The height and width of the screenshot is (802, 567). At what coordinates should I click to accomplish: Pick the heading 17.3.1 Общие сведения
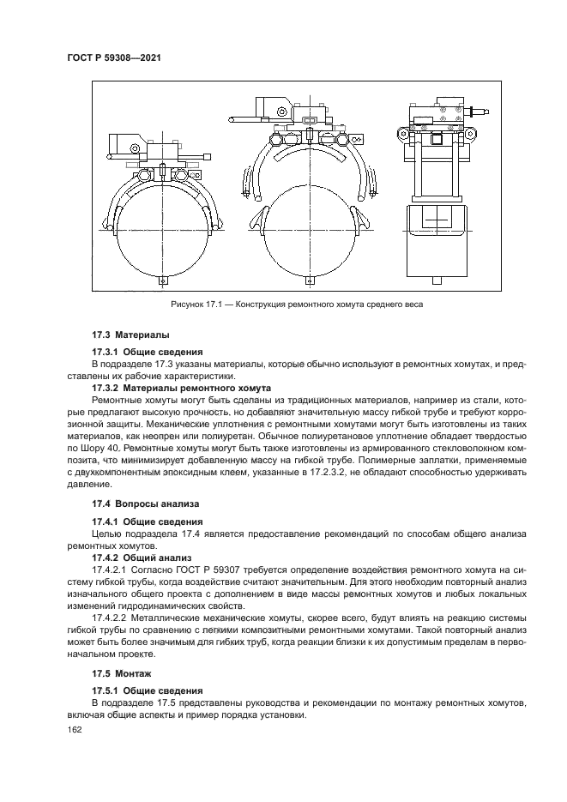pyautogui.click(x=147, y=352)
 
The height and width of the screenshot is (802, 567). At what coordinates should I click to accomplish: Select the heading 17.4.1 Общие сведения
pyautogui.click(x=147, y=522)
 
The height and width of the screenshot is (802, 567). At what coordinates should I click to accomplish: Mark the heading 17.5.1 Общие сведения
pyautogui.click(x=147, y=690)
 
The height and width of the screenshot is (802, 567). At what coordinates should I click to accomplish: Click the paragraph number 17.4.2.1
pyautogui.click(x=112, y=570)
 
